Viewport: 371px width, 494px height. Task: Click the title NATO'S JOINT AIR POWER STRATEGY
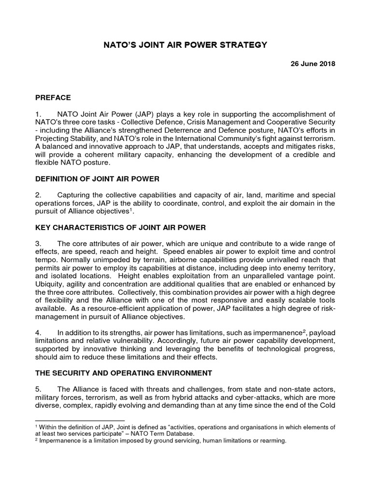(185, 45)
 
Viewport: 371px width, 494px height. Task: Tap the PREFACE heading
(53, 97)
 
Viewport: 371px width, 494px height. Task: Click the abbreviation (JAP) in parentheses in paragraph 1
(135, 114)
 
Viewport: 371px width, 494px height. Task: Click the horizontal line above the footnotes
(80, 420)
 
